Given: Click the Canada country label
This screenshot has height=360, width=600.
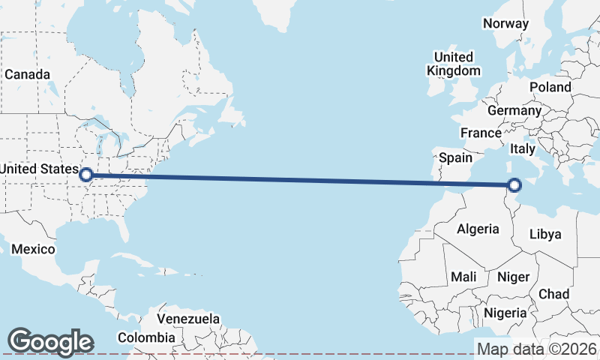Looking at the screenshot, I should [x=28, y=75].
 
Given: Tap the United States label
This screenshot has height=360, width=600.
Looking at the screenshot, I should [x=37, y=169].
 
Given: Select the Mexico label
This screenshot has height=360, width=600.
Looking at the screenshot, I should [x=34, y=249].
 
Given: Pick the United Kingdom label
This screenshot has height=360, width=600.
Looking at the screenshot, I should [x=454, y=64].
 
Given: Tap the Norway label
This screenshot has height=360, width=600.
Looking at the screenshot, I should [x=506, y=23].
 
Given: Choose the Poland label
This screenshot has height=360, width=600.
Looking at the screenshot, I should [x=550, y=87].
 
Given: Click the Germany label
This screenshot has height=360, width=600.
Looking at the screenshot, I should [x=514, y=111].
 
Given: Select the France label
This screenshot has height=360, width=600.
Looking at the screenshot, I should [x=481, y=133].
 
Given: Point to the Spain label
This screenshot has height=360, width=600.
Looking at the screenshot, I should [x=455, y=157].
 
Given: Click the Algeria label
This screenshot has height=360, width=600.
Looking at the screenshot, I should [x=478, y=229].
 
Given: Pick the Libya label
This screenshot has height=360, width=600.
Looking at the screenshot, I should [x=545, y=234].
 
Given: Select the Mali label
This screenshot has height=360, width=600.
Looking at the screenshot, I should [x=463, y=277].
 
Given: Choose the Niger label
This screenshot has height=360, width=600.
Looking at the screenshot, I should [x=514, y=277].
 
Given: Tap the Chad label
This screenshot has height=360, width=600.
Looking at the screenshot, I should [x=553, y=294].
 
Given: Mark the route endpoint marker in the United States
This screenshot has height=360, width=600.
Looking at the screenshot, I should [x=86, y=174].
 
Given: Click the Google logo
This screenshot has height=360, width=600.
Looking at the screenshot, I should [x=50, y=342].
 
